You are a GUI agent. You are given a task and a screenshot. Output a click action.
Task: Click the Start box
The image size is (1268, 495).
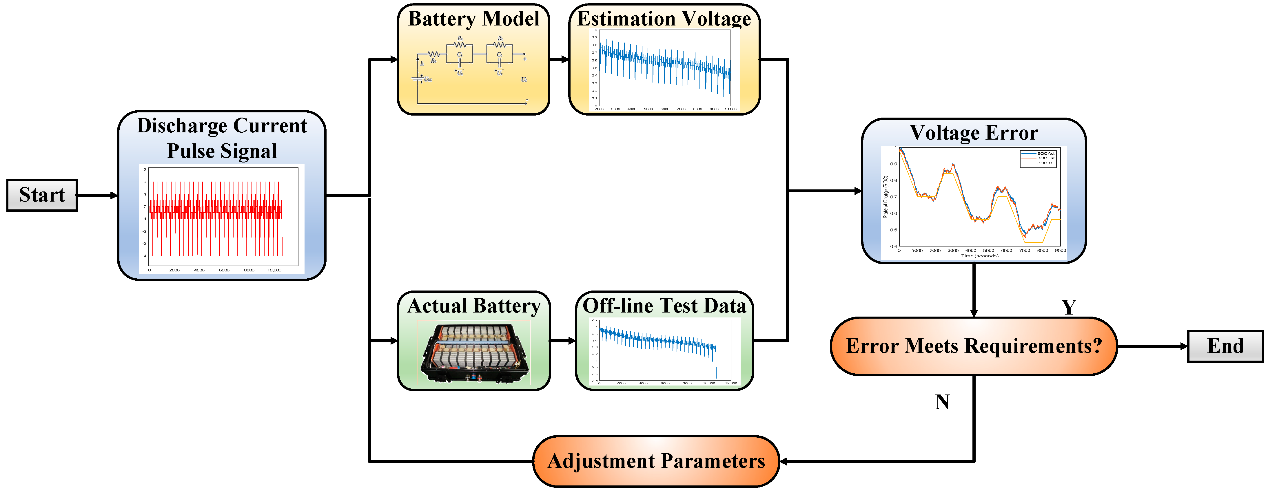click(42, 195)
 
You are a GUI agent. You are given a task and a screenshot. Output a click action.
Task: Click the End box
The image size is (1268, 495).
click(1225, 346)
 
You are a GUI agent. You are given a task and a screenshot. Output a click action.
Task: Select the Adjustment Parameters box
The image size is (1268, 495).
click(656, 461)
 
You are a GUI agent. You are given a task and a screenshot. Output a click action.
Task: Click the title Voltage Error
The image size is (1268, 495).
click(974, 133)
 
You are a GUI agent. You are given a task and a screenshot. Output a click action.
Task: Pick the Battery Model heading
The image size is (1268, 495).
click(473, 19)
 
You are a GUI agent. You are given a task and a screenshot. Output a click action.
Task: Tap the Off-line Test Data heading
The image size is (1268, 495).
click(664, 306)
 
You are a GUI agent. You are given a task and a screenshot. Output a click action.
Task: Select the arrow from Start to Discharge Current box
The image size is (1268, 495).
click(97, 195)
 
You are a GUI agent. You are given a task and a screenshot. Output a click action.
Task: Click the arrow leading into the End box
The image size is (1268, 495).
click(1152, 346)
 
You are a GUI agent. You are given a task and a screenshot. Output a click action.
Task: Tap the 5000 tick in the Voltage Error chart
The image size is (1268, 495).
click(988, 251)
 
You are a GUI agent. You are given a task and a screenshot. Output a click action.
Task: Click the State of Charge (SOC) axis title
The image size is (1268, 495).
click(886, 197)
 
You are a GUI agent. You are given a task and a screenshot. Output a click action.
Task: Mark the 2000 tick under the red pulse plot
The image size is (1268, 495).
click(174, 270)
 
